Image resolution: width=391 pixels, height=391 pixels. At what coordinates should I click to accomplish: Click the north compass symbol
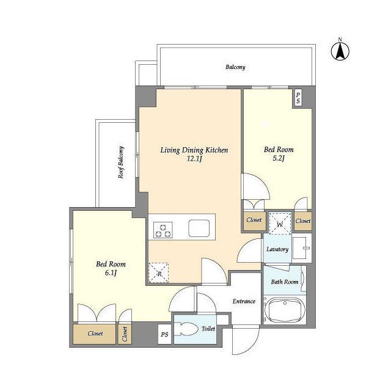click(340, 51)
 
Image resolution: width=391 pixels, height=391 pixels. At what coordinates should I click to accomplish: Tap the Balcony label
click(235, 67)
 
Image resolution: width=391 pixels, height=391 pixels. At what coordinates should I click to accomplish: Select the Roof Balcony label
click(121, 163)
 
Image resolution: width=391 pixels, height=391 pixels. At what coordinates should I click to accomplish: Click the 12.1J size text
click(194, 159)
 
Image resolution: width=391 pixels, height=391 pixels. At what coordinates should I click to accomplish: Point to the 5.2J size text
click(279, 158)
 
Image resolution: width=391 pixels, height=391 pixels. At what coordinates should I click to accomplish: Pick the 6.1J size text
click(111, 273)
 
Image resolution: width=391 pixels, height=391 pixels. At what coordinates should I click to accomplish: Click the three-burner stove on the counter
click(163, 230)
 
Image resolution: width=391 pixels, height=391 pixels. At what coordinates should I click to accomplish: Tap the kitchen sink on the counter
click(199, 228)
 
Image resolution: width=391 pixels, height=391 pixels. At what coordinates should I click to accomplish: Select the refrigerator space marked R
click(159, 273)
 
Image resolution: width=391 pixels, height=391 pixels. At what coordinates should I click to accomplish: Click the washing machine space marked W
click(280, 224)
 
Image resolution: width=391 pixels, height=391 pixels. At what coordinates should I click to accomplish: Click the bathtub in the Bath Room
click(285, 310)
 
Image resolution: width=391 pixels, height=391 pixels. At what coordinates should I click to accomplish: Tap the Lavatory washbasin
click(301, 248)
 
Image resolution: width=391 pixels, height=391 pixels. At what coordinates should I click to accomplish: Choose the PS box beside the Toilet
click(164, 334)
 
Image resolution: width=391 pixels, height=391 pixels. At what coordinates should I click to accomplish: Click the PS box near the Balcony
click(298, 98)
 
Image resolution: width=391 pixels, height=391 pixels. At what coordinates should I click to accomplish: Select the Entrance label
click(244, 301)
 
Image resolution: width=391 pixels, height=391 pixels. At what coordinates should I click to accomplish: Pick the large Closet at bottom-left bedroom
click(95, 334)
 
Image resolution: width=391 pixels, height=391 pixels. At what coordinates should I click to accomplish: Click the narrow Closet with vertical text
click(125, 334)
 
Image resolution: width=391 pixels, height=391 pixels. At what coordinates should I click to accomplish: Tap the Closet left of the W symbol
click(254, 221)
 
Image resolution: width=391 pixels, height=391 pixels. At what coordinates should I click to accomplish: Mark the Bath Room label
click(285, 282)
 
